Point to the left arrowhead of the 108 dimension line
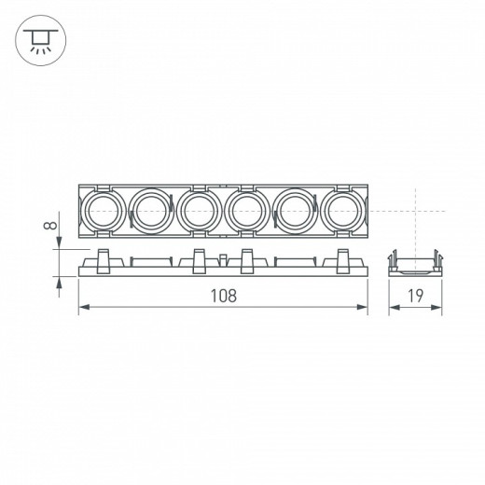[81, 309]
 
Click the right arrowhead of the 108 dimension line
[365, 309]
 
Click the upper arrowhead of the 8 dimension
[62, 244]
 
